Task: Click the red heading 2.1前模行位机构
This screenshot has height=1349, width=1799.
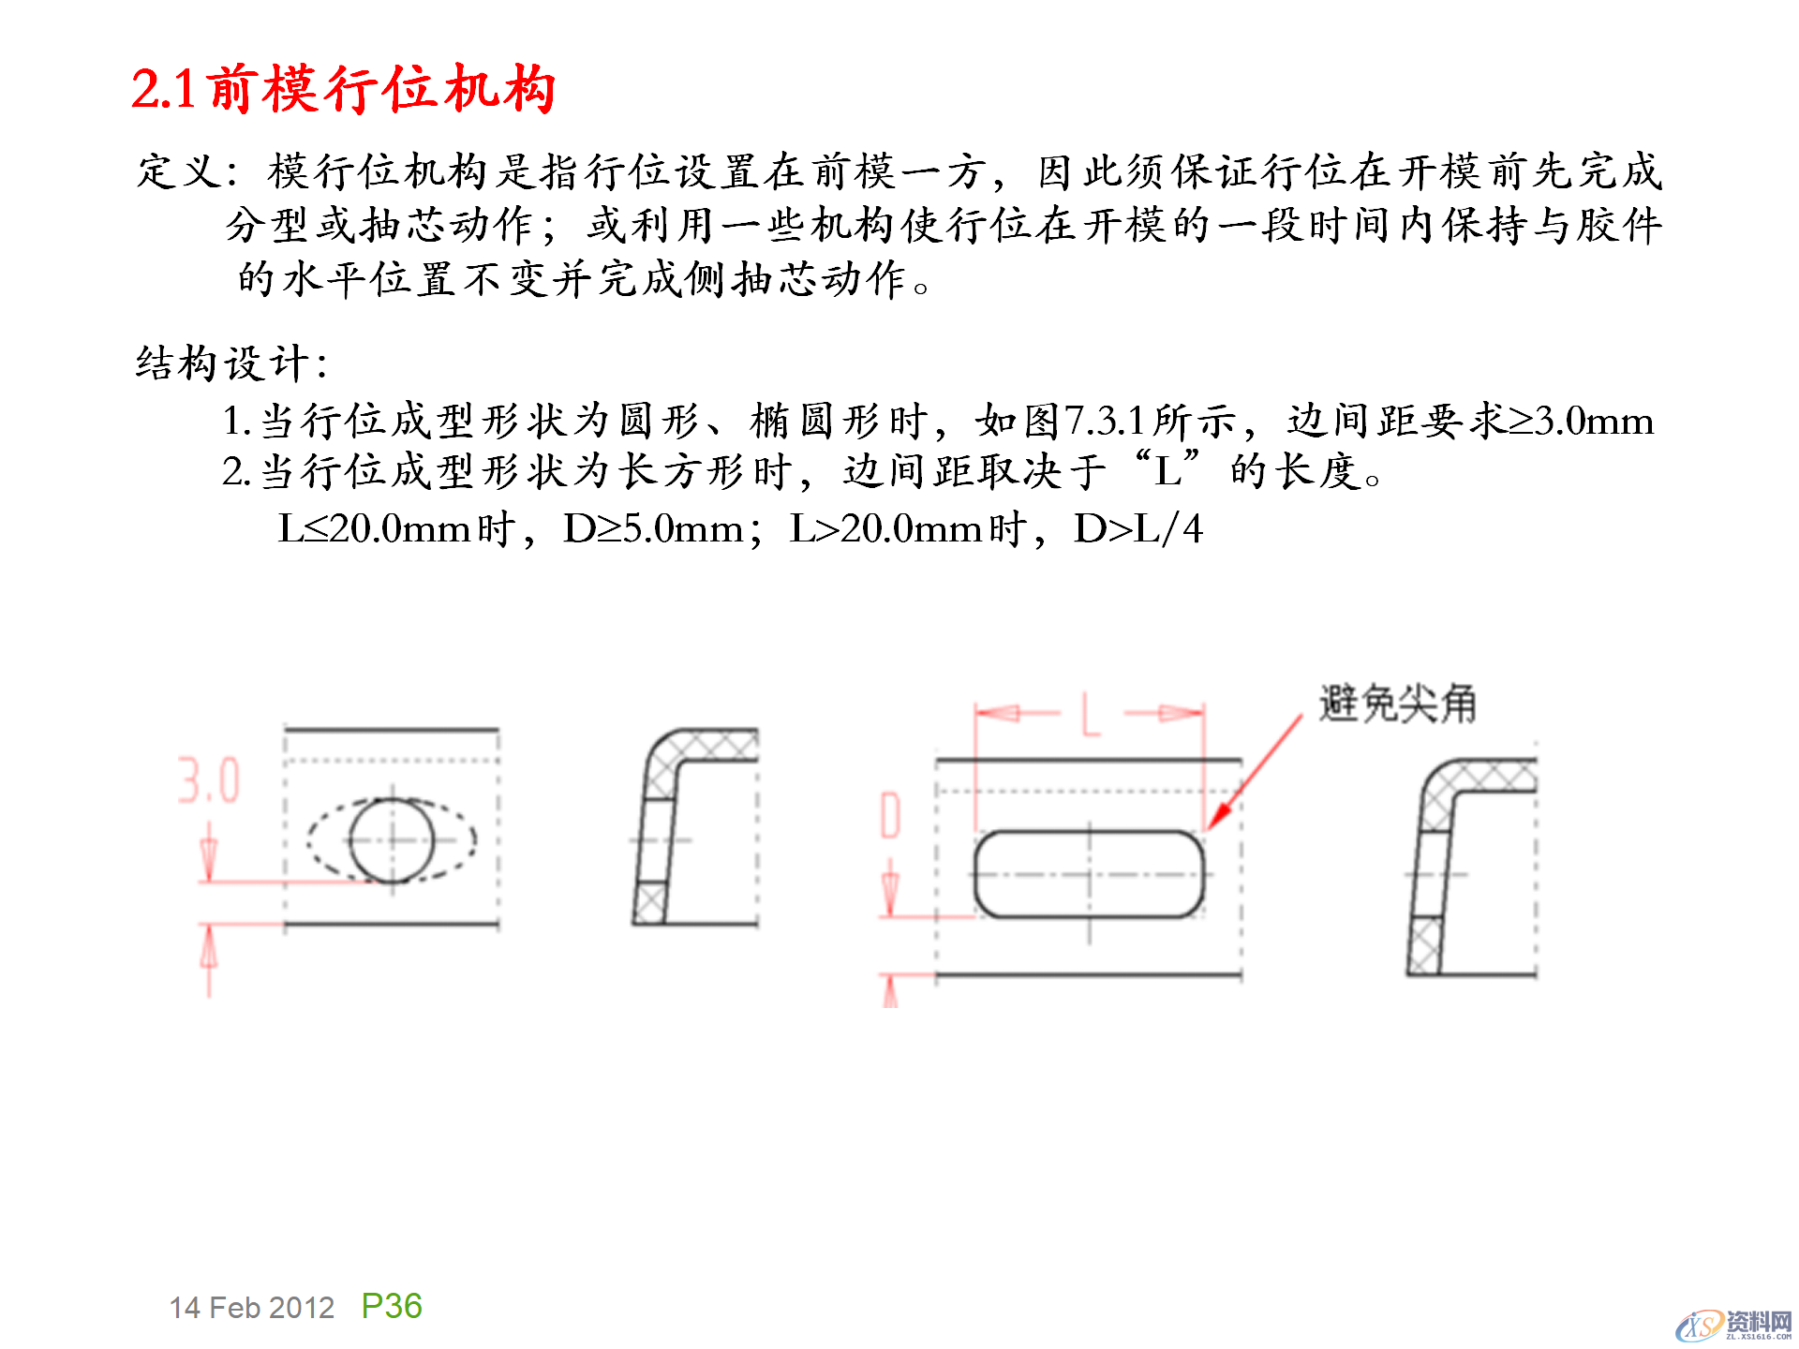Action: pos(343,90)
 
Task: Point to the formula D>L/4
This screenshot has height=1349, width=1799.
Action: pos(1137,530)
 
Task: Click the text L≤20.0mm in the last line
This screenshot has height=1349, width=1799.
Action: pos(374,530)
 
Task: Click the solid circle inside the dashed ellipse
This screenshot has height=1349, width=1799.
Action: pos(392,840)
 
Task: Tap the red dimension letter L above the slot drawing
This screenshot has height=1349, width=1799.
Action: pos(1090,715)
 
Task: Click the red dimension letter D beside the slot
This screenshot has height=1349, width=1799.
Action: pos(890,815)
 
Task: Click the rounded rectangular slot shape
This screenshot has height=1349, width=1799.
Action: pos(1089,874)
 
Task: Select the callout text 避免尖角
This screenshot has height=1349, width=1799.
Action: pos(1397,704)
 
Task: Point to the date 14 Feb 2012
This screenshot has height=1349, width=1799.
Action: pos(251,1308)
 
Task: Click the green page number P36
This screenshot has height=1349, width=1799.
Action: pos(392,1306)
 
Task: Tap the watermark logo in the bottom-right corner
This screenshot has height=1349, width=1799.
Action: pos(1733,1325)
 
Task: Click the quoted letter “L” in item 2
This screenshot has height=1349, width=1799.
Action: pos(1167,471)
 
